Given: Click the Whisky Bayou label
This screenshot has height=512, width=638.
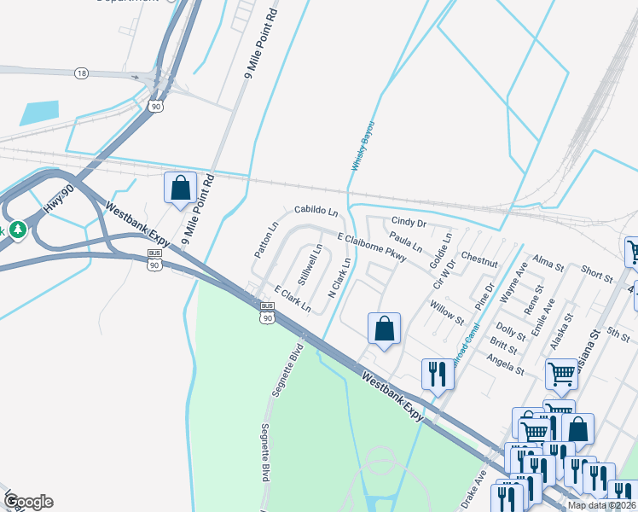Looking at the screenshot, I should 360,145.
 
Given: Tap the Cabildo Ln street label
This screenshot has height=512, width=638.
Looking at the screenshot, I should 316,209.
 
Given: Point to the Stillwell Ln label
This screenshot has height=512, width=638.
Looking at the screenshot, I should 310,265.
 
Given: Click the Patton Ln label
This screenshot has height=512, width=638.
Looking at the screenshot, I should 266,241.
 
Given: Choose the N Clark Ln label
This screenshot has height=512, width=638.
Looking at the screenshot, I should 339,278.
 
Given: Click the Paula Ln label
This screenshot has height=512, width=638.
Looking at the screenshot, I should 405,241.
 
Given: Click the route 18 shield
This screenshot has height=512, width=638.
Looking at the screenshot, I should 81,73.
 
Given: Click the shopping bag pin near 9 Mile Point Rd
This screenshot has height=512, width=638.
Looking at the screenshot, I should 181,188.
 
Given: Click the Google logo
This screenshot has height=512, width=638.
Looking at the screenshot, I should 28,502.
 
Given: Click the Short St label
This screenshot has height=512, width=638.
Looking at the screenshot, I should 598,273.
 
